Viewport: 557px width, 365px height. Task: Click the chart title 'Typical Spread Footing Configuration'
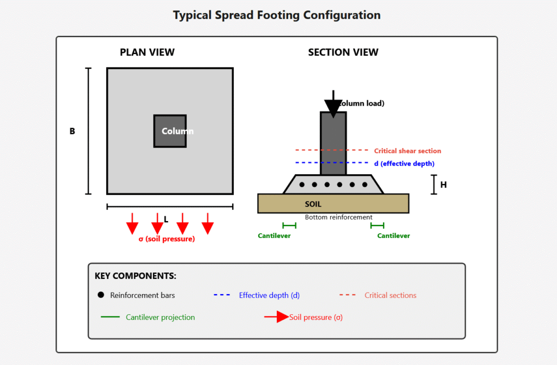pyautogui.click(x=277, y=15)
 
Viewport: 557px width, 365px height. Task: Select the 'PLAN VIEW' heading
pyautogui.click(x=147, y=52)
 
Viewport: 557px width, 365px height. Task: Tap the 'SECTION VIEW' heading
pyautogui.click(x=343, y=52)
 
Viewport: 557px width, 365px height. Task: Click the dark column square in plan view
pyautogui.click(x=170, y=131)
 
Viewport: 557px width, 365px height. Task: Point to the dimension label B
pyautogui.click(x=72, y=131)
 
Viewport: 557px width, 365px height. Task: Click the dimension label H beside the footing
pyautogui.click(x=443, y=185)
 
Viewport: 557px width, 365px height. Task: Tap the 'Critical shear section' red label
pyautogui.click(x=407, y=151)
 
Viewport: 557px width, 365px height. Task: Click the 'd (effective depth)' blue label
pyautogui.click(x=404, y=163)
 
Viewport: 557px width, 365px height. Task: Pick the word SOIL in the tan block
pyautogui.click(x=313, y=204)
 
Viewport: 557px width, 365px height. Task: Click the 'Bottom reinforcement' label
pyautogui.click(x=338, y=217)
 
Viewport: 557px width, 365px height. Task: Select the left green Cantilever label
pyautogui.click(x=274, y=236)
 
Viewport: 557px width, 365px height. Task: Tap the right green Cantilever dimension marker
pyautogui.click(x=377, y=225)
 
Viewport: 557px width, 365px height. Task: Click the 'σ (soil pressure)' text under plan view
pyautogui.click(x=166, y=239)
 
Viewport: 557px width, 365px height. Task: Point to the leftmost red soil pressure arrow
pyautogui.click(x=132, y=224)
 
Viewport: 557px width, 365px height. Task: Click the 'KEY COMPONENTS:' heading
pyautogui.click(x=135, y=276)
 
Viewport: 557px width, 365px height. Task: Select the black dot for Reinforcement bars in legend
pyautogui.click(x=101, y=295)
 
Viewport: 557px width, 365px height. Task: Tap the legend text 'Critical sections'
pyautogui.click(x=390, y=295)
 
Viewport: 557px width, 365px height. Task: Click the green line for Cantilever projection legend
pyautogui.click(x=110, y=317)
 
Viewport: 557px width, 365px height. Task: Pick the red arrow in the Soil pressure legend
pyautogui.click(x=277, y=317)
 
